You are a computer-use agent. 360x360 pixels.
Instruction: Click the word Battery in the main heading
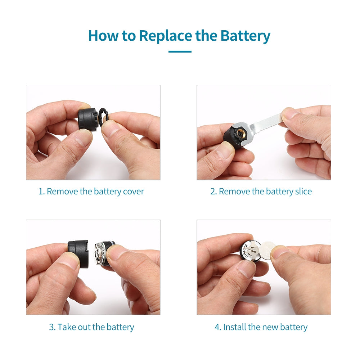tap(245, 36)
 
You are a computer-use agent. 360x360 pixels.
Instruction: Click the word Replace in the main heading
tap(166, 36)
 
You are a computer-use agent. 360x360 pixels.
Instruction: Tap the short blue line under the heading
tap(180, 51)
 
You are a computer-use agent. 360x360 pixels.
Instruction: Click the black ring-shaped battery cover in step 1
tap(103, 117)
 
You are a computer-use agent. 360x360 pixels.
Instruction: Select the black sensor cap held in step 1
tap(88, 120)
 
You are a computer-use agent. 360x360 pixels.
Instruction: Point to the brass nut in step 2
tap(241, 134)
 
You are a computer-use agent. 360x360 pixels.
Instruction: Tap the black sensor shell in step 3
tap(78, 251)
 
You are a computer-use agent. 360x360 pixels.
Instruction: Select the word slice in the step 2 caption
tap(303, 192)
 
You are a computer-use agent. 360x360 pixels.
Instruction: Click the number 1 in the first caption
tap(41, 192)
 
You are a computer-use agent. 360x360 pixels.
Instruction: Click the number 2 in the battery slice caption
tap(213, 192)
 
